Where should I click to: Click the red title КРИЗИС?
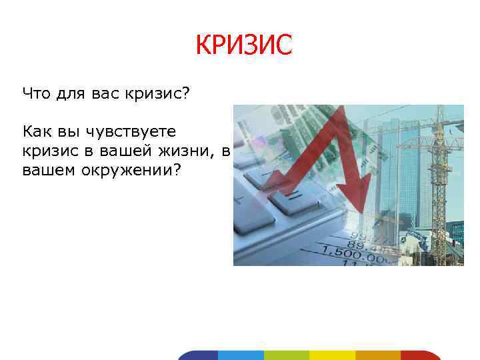pyautogui.click(x=243, y=45)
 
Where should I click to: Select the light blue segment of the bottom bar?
pyautogui.click(x=241, y=355)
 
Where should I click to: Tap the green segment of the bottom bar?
pyautogui.click(x=286, y=355)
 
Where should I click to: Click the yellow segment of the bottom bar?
pyautogui.click(x=332, y=355)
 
